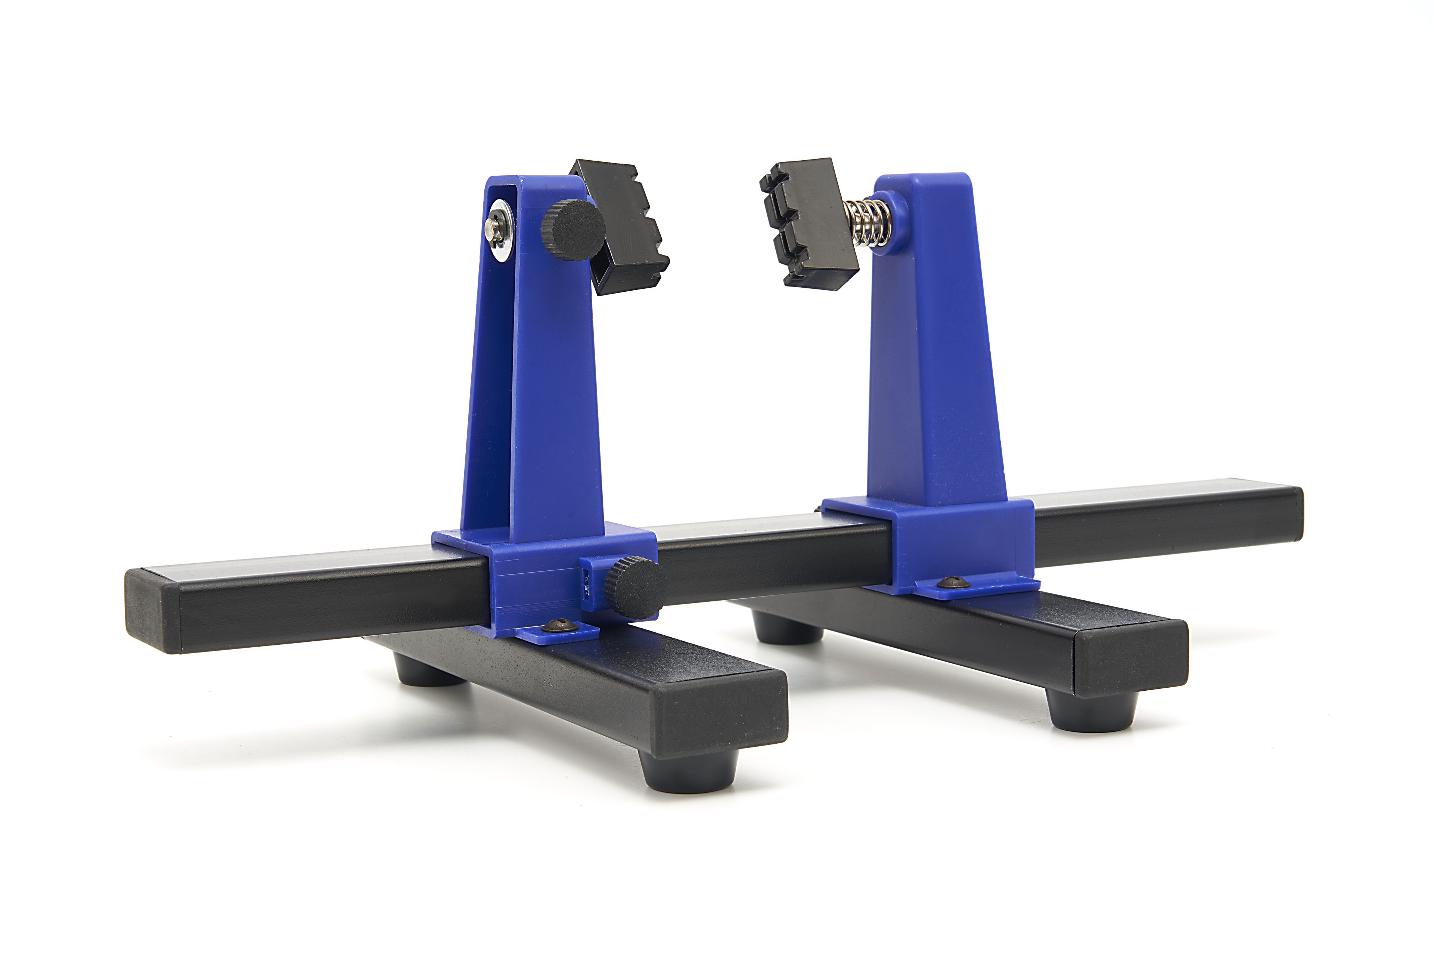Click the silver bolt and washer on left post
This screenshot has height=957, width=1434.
(x=499, y=229)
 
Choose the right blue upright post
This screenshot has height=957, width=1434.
(x=937, y=348)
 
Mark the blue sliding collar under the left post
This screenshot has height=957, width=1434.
(x=537, y=580)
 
